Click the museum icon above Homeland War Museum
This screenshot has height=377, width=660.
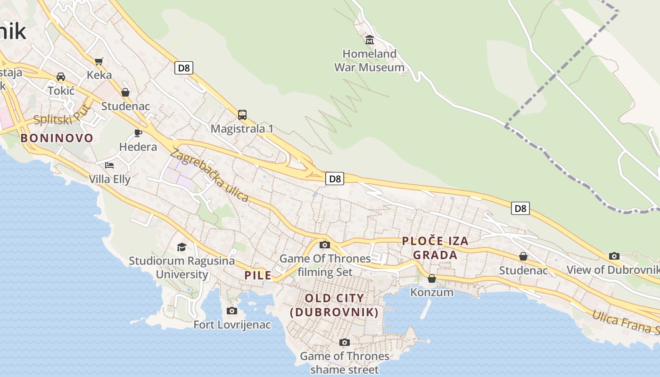coord(370,40)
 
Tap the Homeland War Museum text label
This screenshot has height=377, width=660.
coord(370,61)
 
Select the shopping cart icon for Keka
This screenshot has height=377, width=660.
coord(99,61)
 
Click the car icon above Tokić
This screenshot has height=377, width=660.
coord(61,76)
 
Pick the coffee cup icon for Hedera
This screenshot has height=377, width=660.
coord(138,133)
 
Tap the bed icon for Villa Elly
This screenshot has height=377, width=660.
coord(109,165)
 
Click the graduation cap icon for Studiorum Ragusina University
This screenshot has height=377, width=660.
coord(181,247)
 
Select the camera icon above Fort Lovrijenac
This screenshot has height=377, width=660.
coord(232,311)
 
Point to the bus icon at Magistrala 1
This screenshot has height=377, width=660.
coord(242,115)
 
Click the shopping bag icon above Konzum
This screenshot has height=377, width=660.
coord(432,279)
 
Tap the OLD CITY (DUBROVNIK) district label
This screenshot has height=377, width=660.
coord(334,305)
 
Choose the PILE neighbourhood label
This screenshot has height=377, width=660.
coord(258,275)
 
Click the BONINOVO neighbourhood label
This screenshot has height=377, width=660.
coord(57,138)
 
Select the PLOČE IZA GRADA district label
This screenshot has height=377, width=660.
coord(435,248)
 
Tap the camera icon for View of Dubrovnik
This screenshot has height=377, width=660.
coord(614,256)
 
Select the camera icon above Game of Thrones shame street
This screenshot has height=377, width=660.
coord(345,342)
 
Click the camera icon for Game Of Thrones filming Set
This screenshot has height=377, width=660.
coord(325,245)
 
